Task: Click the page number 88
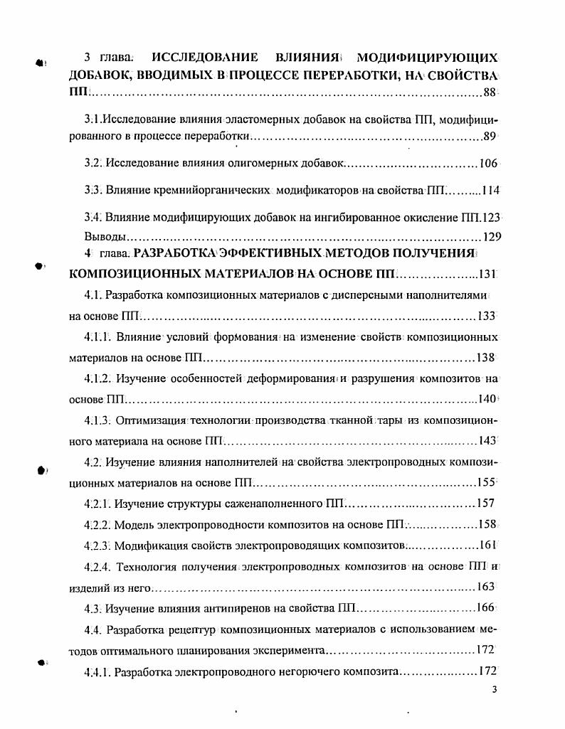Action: coord(490,92)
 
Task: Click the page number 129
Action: coord(490,236)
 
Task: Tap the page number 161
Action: coord(487,546)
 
